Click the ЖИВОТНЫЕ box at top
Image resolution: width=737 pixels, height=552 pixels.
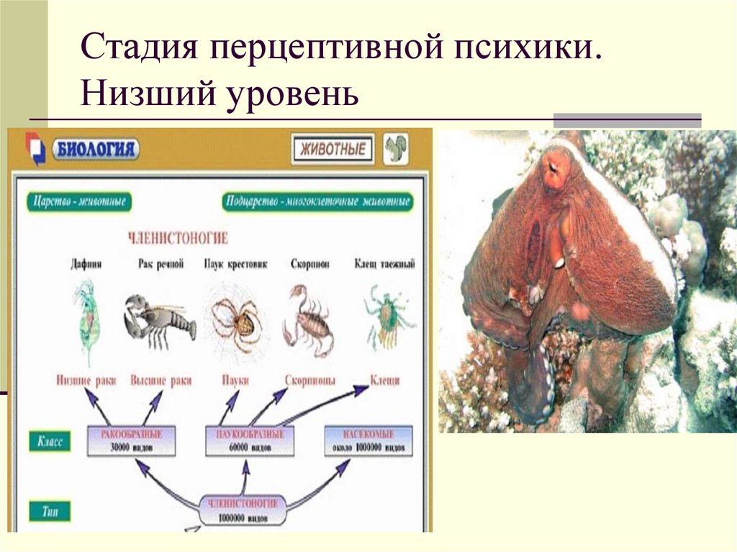click(333, 150)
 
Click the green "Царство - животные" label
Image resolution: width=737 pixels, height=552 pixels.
click(79, 202)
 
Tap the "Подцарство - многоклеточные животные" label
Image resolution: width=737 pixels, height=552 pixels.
click(316, 202)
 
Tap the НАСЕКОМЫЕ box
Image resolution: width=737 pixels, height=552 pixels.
click(368, 440)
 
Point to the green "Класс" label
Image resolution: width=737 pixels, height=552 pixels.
click(50, 441)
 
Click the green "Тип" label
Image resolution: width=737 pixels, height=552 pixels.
click(50, 511)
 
